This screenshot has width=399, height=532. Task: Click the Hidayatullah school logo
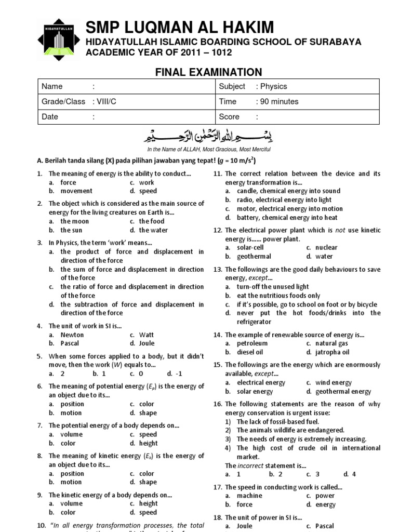59,39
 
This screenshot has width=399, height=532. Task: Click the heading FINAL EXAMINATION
209,72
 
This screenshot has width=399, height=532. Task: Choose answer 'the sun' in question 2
71,230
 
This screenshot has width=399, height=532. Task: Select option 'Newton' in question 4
72,335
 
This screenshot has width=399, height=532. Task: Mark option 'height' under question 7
148,443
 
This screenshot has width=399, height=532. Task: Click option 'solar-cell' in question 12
250,248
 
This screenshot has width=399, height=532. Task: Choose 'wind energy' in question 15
334,383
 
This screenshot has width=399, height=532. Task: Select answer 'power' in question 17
325,496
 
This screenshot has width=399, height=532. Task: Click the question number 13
218,270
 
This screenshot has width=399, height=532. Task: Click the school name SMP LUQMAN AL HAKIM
180,27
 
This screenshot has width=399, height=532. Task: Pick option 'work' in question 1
147,183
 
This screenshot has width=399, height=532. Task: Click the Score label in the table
229,117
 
